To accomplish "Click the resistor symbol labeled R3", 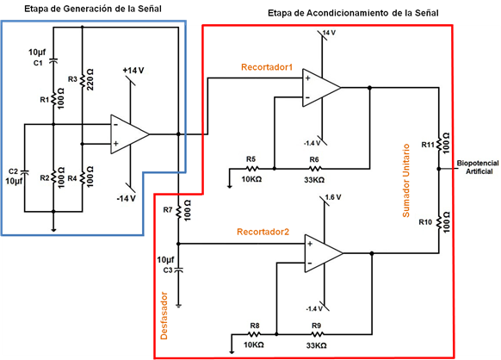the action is [x=82, y=81].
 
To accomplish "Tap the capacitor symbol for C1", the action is [x=53, y=60].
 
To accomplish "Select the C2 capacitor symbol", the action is [x=24, y=172].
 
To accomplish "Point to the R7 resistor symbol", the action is [x=178, y=212].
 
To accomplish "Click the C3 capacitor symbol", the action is [x=178, y=270].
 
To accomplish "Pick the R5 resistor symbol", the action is [x=252, y=168].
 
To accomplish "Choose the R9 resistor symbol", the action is [x=318, y=334].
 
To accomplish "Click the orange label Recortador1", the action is [x=267, y=67].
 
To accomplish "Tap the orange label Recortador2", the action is [x=263, y=232].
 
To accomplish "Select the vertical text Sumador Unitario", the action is [x=405, y=181].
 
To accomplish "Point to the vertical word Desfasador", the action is [x=164, y=315].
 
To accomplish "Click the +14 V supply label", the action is [x=133, y=71].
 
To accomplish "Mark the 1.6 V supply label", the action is [x=333, y=197].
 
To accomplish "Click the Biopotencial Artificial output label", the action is [x=478, y=167].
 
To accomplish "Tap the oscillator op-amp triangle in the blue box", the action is [x=130, y=134].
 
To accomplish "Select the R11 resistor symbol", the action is [x=439, y=144].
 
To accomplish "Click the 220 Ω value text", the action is [x=90, y=79].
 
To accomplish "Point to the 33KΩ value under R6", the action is [x=314, y=180].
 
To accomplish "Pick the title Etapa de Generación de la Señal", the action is [x=93, y=9].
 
